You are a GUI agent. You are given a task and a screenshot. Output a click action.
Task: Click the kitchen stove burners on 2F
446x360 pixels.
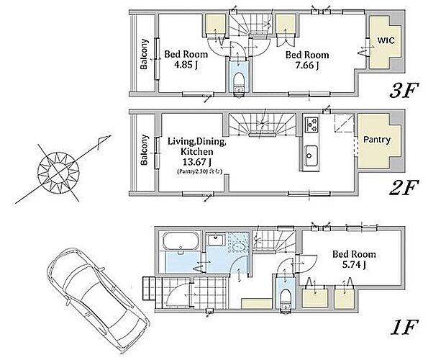click(x=312, y=125)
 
